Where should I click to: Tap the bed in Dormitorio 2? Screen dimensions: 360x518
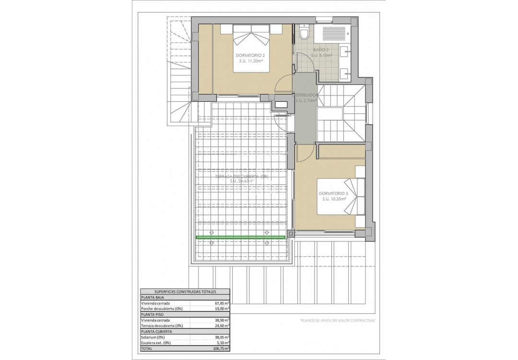click(x=252, y=48)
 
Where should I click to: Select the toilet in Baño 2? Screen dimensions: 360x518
click(x=304, y=34)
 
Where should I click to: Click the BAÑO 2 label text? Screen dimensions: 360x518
click(x=321, y=50)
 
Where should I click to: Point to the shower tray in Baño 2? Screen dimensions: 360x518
click(x=334, y=34)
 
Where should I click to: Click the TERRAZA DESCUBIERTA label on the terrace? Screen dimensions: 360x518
click(x=242, y=177)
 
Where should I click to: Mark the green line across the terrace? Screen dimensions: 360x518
click(x=240, y=237)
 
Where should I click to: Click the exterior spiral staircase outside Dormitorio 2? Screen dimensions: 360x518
click(x=180, y=72)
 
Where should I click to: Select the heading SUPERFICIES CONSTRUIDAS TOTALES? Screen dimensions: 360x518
click(x=185, y=291)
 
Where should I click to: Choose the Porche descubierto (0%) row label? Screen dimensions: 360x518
click(x=162, y=309)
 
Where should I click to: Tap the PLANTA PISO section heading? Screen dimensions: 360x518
click(x=152, y=314)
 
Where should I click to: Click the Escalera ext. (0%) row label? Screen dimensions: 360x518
click(x=156, y=343)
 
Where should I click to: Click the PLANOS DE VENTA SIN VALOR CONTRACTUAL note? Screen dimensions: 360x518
click(x=337, y=320)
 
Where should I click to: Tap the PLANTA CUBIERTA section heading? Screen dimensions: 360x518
click(x=155, y=331)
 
